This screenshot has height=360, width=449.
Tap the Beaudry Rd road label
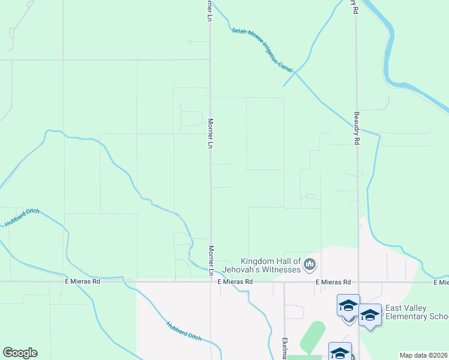[x=356, y=122]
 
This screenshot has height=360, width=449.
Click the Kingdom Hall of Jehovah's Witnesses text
[x=270, y=265]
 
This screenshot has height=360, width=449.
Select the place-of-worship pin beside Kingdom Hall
[x=310, y=263]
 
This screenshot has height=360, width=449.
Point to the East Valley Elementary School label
[x=417, y=312]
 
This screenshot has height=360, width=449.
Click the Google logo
[x=20, y=353]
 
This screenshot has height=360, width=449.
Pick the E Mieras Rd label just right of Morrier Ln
[x=235, y=281]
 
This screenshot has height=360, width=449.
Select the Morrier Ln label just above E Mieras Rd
[x=211, y=260]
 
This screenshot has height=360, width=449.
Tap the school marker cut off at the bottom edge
[x=340, y=352]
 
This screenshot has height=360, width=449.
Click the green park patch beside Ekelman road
[x=312, y=337]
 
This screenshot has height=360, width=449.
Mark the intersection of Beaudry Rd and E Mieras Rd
[x=358, y=281]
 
